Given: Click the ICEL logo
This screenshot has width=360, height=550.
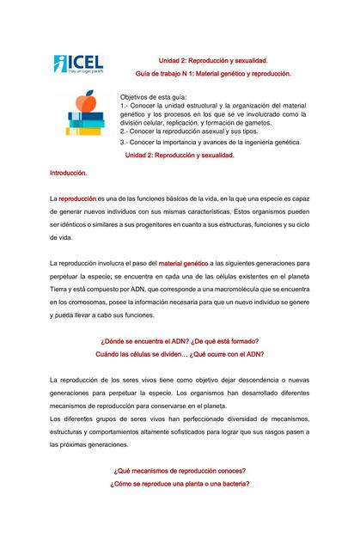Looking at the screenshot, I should [78, 64].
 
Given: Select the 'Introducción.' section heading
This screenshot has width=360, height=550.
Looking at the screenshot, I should [69, 173].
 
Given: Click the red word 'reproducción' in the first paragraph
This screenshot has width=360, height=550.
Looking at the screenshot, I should [77, 199].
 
